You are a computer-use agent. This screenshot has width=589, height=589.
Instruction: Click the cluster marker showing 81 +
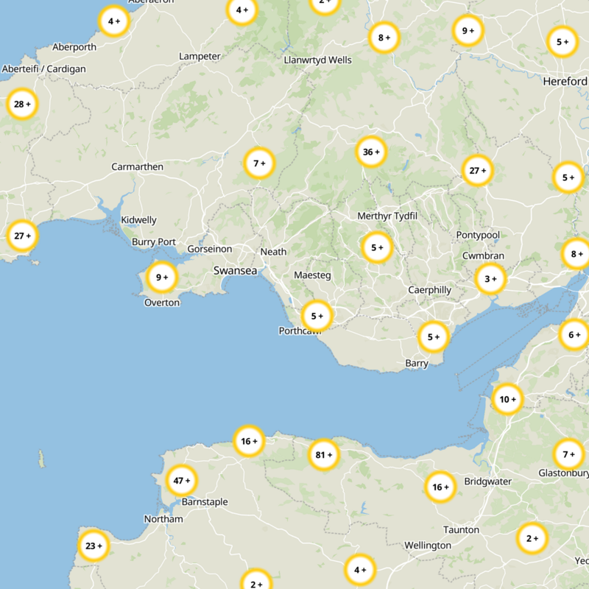pos(324,455)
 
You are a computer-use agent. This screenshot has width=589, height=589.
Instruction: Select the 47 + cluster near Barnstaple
pos(181,481)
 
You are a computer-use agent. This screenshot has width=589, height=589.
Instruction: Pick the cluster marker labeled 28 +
pos(22,105)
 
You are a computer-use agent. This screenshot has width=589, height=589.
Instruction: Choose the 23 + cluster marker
pos(94,546)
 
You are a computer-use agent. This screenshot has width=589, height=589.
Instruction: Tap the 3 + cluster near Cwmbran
pos(490,279)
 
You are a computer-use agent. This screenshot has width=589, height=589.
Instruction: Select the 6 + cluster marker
pos(574,335)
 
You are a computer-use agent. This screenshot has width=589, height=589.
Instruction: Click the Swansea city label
pos(236,271)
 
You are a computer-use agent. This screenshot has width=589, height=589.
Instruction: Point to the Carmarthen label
pos(137,167)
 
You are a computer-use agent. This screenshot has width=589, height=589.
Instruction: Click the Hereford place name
pos(565,82)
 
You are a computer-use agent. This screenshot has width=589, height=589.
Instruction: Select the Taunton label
pos(461,530)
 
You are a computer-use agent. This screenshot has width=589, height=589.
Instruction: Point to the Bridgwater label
pos(487,482)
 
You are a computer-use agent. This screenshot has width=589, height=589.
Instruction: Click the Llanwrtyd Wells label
pos(318,60)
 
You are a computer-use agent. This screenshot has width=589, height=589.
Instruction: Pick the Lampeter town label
pos(200,57)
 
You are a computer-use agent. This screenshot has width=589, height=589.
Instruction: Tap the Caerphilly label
pos(430,290)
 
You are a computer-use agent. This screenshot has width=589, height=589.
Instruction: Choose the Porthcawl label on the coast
pos(301,331)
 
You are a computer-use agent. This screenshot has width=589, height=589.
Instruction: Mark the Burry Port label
pos(154,242)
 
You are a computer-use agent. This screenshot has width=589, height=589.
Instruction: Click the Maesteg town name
pos(312,275)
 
